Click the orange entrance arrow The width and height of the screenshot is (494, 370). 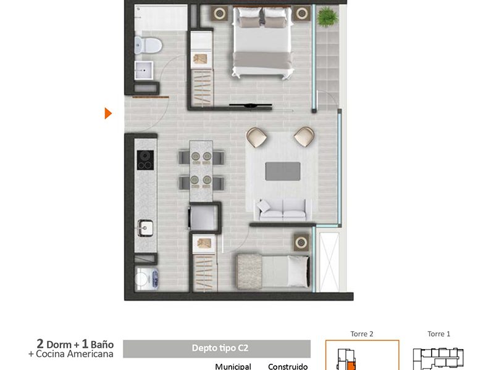107,113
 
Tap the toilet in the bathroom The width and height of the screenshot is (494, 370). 148,45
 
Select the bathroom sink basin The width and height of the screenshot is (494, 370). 144,70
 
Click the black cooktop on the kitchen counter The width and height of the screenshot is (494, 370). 145,160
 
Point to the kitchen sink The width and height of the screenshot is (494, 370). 145,228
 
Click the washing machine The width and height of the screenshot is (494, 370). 146,279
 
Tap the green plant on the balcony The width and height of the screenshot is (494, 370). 328,17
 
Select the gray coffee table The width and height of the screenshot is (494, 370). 283,171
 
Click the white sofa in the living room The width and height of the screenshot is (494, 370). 283,209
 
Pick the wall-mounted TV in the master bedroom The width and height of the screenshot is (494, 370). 251,105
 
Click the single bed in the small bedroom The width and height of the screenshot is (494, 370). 273,271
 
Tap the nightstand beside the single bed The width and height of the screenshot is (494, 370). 301,242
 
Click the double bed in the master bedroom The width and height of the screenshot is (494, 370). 262,42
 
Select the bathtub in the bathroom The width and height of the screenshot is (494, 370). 161,18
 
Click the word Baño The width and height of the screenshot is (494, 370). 102,345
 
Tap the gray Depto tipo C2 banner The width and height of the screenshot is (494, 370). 217,348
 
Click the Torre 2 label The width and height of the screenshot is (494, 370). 362,334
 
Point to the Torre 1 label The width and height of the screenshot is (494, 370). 438,334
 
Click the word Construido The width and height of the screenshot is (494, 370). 288,366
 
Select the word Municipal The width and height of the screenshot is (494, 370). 233,366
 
